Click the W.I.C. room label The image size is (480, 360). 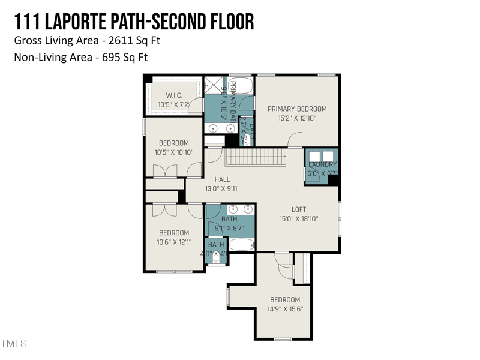(174, 95)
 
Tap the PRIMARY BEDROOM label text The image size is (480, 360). (297, 109)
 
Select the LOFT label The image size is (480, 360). (299, 209)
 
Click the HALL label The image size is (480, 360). (222, 179)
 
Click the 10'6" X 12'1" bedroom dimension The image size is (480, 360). (173, 242)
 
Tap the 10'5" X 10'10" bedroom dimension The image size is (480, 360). (173, 152)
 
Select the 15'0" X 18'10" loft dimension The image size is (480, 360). (299, 219)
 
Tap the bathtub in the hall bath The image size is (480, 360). (242, 245)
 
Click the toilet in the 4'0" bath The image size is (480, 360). (216, 258)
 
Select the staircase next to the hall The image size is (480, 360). (256, 157)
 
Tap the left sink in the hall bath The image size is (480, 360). (233, 209)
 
